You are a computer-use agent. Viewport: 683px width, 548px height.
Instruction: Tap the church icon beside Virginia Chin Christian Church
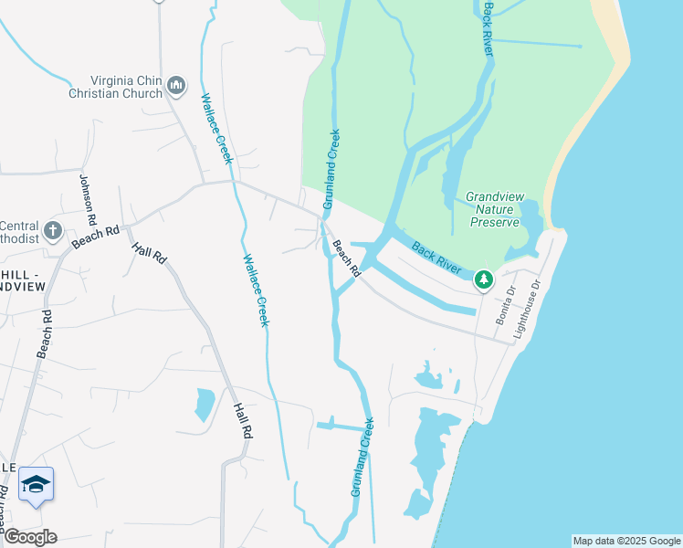point(177,87)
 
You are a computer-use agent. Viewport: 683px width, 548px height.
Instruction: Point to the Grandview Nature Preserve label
point(493,209)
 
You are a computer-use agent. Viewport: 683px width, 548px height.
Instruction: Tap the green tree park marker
point(484,279)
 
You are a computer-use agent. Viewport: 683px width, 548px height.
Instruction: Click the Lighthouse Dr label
point(527,310)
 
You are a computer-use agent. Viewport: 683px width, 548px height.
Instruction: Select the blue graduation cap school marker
point(36,484)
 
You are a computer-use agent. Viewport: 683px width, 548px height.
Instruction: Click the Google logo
point(30,537)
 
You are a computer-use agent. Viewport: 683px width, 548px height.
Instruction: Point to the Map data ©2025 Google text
point(626,541)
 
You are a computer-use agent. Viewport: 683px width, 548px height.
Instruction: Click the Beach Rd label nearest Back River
point(345,259)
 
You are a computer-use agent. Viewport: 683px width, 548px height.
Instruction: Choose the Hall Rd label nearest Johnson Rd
point(149,254)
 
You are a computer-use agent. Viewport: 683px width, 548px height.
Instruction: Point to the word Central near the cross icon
point(18,226)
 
